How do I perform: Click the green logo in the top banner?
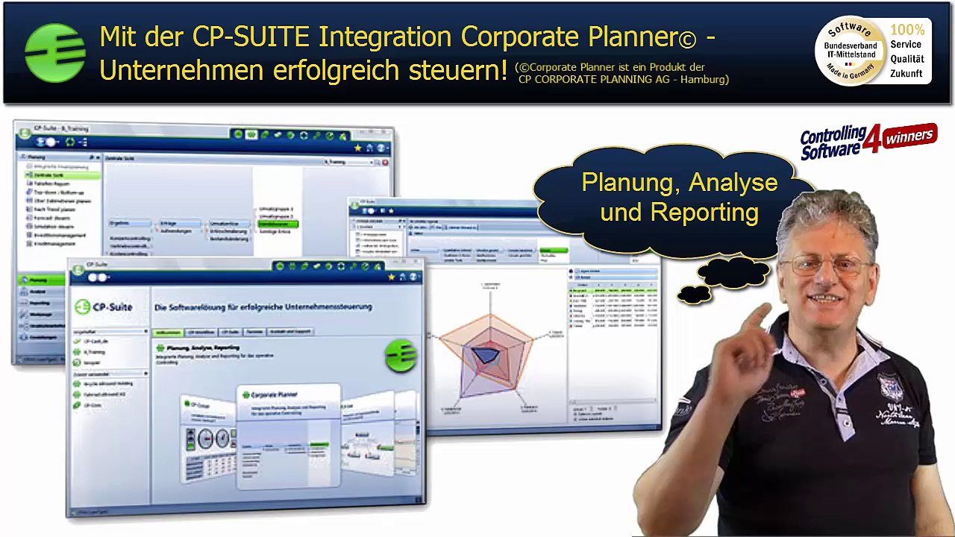[54, 53]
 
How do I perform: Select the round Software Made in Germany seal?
[849, 51]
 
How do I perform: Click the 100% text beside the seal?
[907, 30]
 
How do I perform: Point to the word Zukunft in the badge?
[906, 73]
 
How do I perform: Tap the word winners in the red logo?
[909, 136]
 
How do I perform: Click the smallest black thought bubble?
[694, 295]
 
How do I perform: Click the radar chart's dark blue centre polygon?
[486, 354]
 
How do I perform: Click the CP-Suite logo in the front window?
[104, 307]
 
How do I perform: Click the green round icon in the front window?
[401, 356]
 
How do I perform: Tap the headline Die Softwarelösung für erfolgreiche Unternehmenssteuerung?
[263, 307]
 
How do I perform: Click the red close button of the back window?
[385, 162]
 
